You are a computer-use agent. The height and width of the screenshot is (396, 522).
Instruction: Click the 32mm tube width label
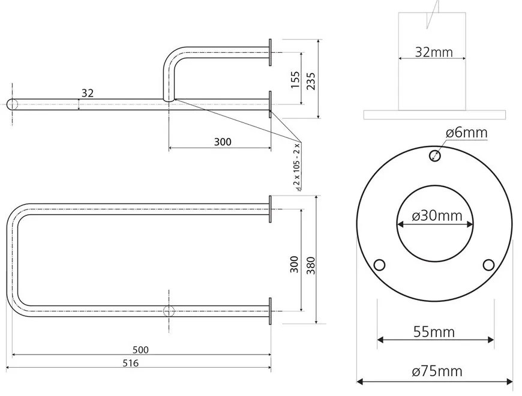point(434,52)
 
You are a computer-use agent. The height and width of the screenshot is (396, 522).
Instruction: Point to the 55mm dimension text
point(434,331)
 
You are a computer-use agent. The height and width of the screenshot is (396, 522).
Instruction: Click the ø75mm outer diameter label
point(437,371)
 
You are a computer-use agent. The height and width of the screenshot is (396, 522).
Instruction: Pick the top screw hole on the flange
point(435,156)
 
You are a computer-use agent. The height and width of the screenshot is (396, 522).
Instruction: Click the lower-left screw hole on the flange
point(379,265)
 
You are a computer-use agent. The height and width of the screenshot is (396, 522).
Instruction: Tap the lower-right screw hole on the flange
point(488,265)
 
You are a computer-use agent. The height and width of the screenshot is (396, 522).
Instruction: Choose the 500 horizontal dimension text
point(142,349)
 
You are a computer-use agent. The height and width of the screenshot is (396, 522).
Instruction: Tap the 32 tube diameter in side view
point(87,93)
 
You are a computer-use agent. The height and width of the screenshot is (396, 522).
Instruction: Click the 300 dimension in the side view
point(223,142)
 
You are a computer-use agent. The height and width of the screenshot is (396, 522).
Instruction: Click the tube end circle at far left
point(13,104)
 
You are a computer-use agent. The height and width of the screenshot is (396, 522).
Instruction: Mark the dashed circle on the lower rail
point(169,311)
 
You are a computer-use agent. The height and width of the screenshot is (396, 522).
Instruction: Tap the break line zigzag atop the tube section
point(433,13)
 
